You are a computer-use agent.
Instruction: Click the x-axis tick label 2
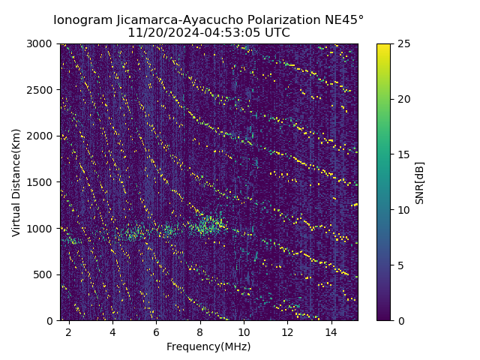68,331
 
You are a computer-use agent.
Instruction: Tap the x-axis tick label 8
200,331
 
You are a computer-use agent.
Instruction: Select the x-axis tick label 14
331,331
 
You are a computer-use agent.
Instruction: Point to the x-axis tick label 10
244,331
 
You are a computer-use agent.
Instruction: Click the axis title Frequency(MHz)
208,346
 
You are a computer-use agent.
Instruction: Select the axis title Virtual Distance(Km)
16,182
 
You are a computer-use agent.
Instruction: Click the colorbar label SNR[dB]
420,182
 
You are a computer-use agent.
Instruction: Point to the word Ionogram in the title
82,20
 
